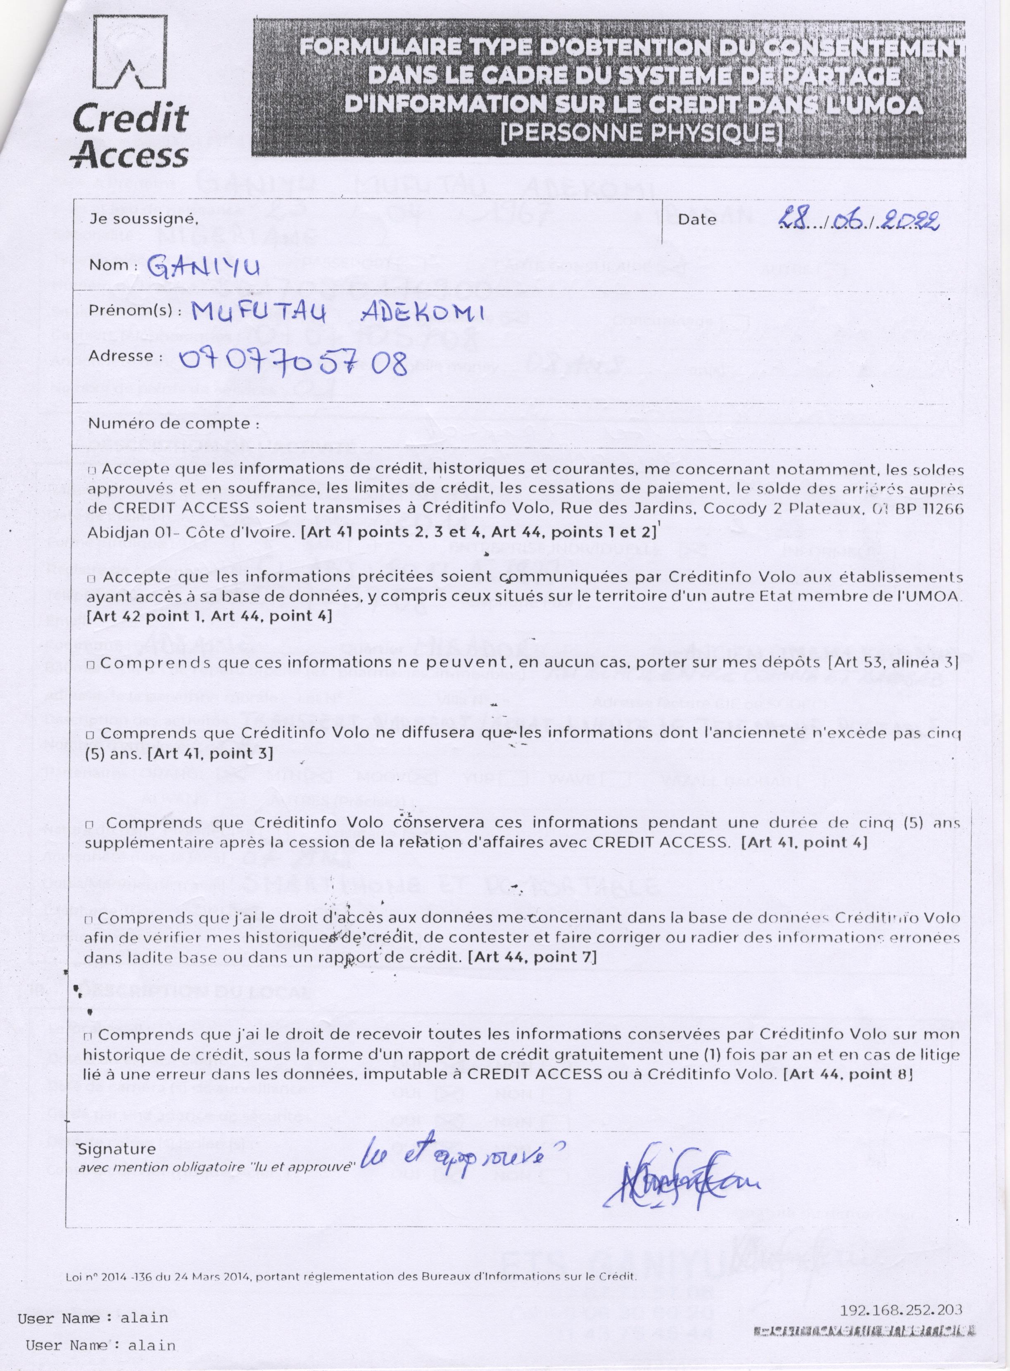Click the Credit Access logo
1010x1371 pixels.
(x=130, y=92)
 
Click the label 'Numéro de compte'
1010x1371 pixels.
(x=169, y=423)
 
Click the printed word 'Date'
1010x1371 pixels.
(x=697, y=219)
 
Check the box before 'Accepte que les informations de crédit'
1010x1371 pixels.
(x=92, y=471)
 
